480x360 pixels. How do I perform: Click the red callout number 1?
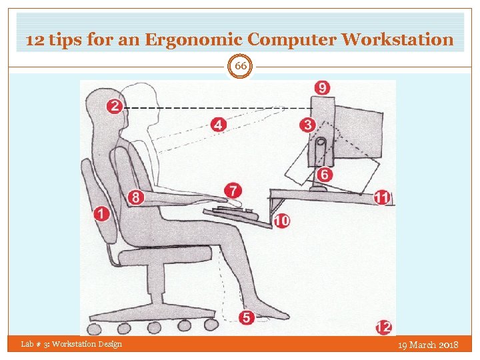click(x=102, y=213)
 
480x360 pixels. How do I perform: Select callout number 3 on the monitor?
click(x=307, y=125)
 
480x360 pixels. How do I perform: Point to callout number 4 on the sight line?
click(x=218, y=124)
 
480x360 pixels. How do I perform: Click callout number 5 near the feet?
click(x=247, y=318)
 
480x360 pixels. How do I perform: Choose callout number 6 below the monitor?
click(x=324, y=174)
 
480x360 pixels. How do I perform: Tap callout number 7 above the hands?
click(x=233, y=191)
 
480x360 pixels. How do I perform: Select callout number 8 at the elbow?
click(x=136, y=197)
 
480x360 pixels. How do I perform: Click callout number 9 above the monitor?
click(x=323, y=88)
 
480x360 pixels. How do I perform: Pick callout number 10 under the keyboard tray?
click(x=281, y=220)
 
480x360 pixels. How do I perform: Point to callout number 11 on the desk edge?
click(x=382, y=197)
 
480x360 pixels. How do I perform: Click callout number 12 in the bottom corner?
click(x=383, y=327)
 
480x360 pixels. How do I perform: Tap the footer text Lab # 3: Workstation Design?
click(x=71, y=344)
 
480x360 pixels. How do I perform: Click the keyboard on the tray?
click(x=234, y=213)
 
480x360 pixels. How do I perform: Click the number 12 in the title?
click(x=34, y=39)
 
